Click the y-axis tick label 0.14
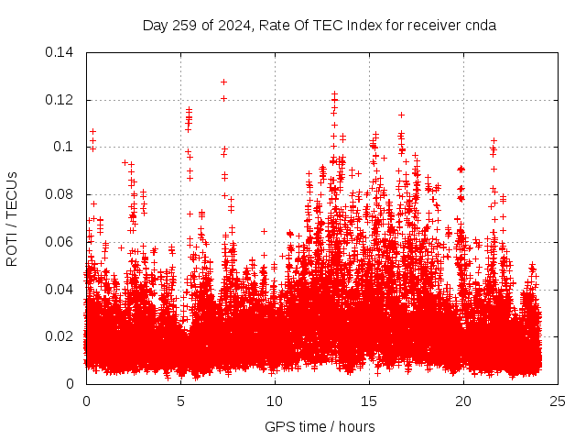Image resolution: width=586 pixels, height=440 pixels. click(60, 52)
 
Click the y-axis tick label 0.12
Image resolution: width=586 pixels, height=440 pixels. click(60, 99)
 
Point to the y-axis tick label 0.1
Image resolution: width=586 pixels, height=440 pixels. click(64, 147)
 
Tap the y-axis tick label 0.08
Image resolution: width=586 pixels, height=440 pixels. click(60, 194)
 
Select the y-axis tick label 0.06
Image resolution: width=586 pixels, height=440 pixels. click(60, 241)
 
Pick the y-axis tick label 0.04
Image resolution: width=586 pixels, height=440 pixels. click(60, 289)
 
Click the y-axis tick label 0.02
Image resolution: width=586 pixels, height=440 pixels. click(60, 336)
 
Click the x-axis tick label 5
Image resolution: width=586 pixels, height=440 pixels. click(180, 401)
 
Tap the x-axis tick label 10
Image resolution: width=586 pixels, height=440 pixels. click(275, 401)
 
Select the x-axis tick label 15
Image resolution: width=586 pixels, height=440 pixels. click(369, 401)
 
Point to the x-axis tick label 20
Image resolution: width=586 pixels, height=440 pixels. click(463, 401)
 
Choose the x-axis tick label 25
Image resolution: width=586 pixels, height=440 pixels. click(558, 401)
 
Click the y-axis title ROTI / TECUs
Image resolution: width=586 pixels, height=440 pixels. click(13, 218)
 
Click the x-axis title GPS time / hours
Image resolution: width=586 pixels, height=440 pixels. click(320, 426)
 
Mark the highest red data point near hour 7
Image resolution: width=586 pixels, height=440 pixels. click(223, 82)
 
